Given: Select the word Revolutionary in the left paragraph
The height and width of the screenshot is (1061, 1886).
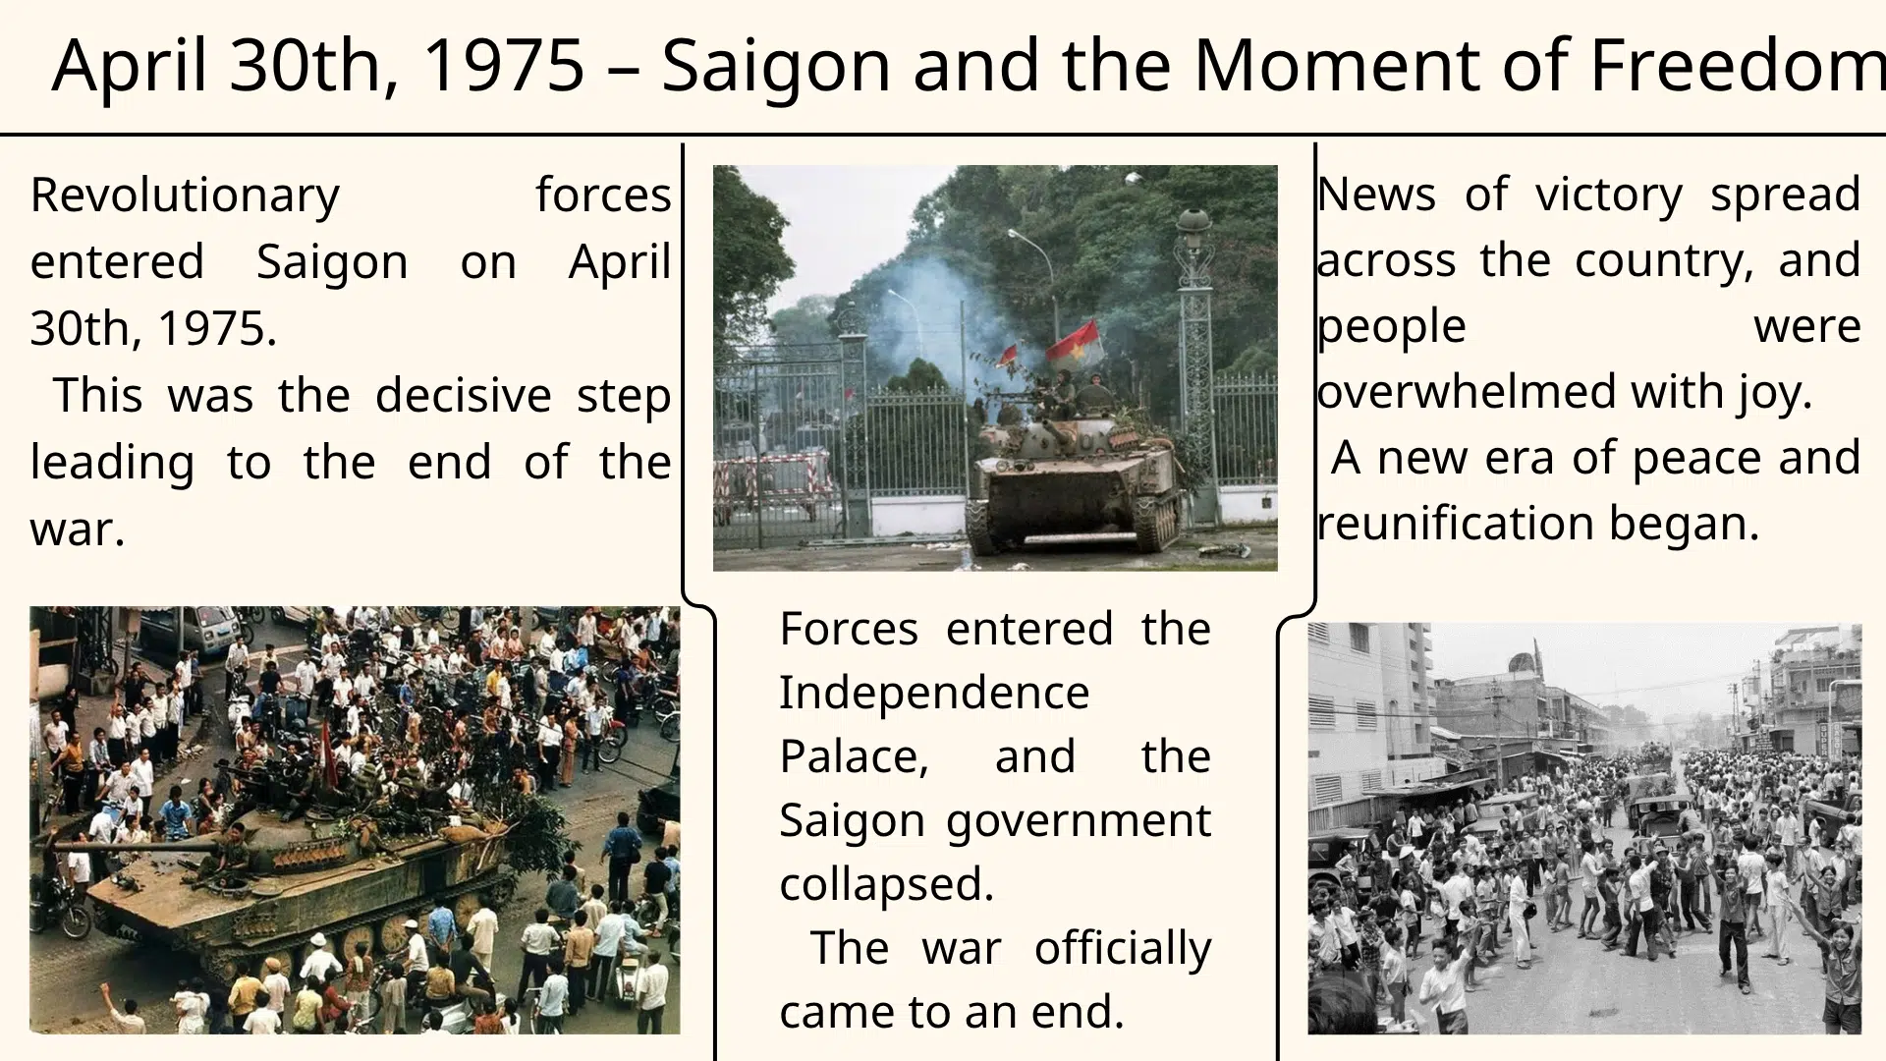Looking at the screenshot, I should (185, 195).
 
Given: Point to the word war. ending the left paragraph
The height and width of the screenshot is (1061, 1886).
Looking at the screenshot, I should (78, 530).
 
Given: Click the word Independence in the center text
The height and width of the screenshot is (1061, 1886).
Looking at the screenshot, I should (934, 693).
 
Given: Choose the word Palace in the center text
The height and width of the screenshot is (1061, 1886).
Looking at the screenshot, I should (854, 756).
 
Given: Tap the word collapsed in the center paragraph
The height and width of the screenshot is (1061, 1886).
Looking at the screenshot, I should (887, 884).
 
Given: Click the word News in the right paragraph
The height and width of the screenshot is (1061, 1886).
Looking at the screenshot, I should (1375, 195).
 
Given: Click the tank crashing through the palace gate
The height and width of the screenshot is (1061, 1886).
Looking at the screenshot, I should (1076, 472).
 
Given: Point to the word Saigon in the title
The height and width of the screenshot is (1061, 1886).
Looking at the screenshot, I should (776, 65).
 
